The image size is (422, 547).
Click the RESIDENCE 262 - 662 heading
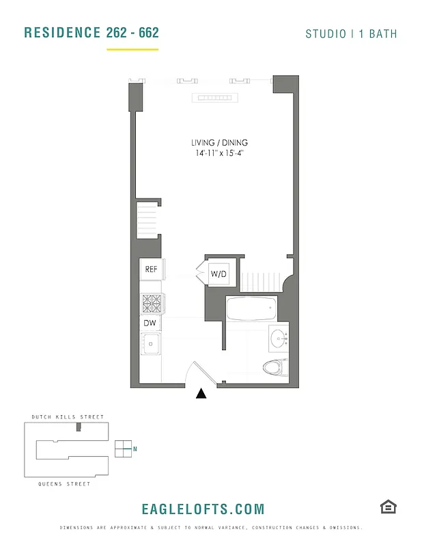coord(91,33)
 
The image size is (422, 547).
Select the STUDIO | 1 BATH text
coord(351,34)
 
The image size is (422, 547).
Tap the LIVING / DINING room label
coord(219,143)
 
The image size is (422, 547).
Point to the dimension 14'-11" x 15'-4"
coord(219,154)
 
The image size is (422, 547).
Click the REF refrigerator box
coord(151,269)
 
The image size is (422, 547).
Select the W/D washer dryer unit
coord(219,274)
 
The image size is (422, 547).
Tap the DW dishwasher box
coord(150,323)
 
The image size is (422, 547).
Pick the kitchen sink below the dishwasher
coord(150,343)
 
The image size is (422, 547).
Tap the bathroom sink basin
coord(279,338)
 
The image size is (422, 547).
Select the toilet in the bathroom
coord(275,367)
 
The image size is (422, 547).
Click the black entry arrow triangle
coord(201,394)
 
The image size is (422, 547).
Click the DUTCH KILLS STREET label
coord(68,416)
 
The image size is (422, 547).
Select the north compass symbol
coord(123,449)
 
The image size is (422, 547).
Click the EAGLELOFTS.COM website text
coord(203,509)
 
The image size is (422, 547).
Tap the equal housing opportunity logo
coord(388,507)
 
